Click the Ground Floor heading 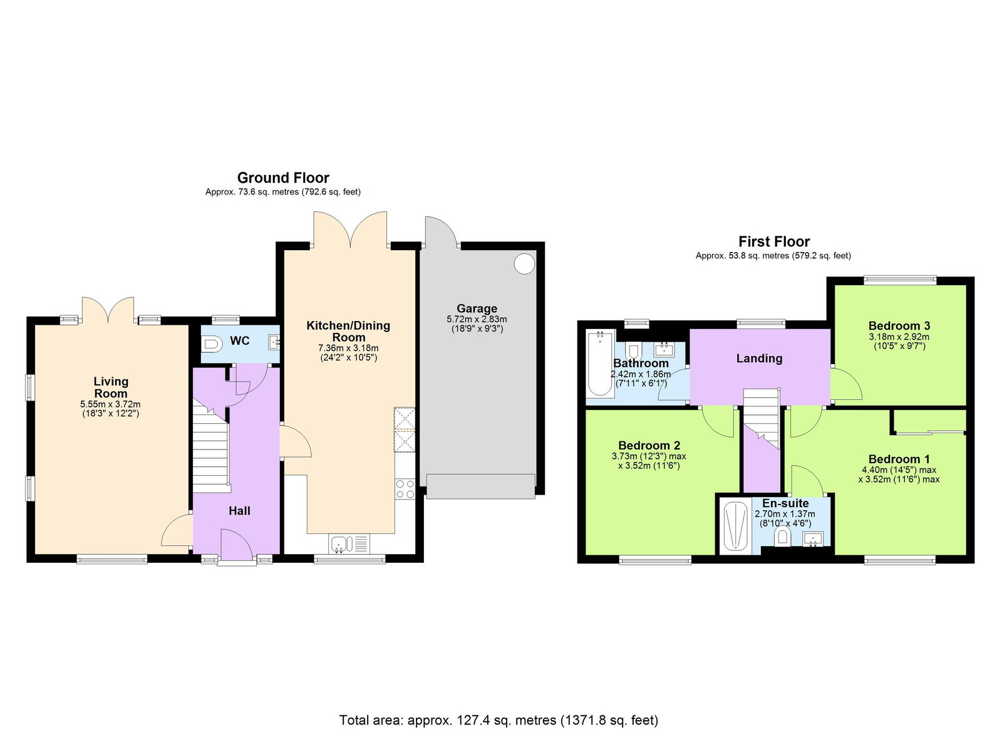[283, 178]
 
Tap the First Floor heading [773, 242]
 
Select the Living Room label [111, 387]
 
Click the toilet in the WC [212, 344]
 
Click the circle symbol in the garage [524, 263]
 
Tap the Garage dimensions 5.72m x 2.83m [477, 319]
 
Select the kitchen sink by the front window [339, 543]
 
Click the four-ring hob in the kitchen [405, 489]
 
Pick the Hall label [239, 511]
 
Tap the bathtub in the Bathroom [599, 364]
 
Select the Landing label [759, 359]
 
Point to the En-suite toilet [781, 537]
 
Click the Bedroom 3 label [899, 326]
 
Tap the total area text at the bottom [498, 720]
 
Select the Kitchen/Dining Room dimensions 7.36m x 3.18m [348, 348]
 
